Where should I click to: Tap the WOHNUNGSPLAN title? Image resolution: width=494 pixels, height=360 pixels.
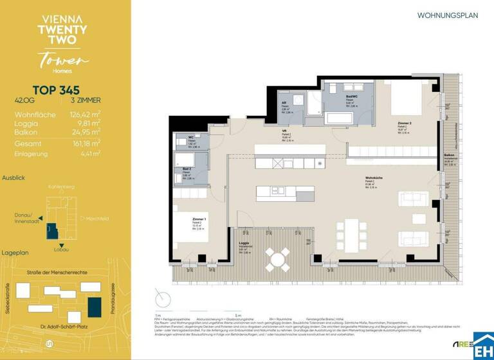pyautogui.click(x=448, y=15)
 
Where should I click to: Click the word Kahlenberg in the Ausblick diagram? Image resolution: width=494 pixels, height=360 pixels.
pyautogui.click(x=62, y=187)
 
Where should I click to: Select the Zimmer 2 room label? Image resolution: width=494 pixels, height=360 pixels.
pyautogui.click(x=404, y=122)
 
